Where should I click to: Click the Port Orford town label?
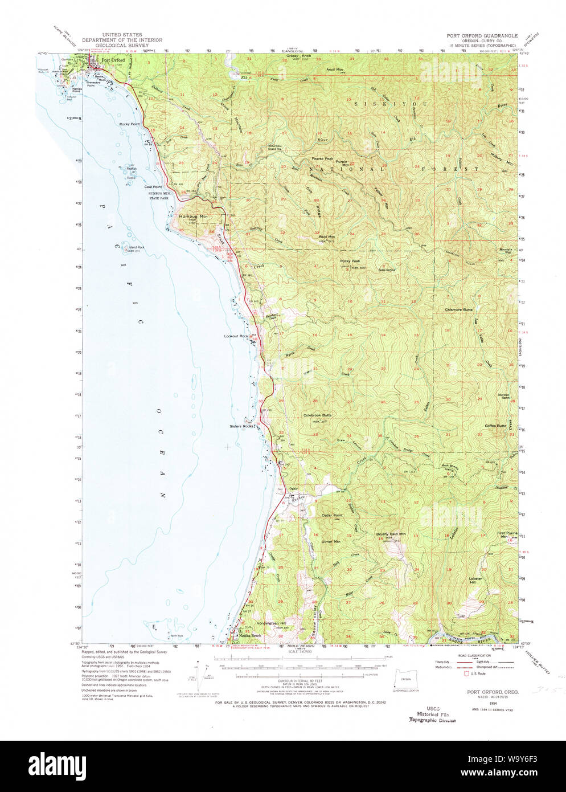click(113, 60)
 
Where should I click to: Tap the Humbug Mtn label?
click(191, 217)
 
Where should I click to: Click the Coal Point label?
click(153, 187)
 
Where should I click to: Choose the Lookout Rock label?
click(236, 336)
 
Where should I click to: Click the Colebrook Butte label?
click(317, 415)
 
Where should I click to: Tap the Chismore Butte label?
click(459, 309)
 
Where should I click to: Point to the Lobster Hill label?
click(475, 579)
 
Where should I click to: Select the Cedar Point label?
click(331, 515)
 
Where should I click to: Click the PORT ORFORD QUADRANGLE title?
click(482, 35)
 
